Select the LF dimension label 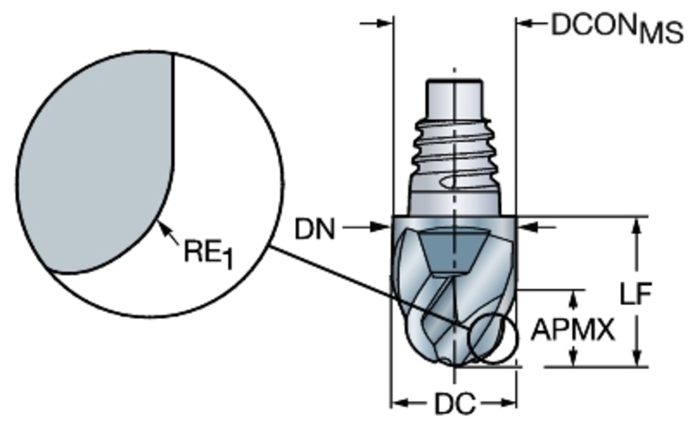[636, 294]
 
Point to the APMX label [573, 330]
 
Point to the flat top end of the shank [454, 81]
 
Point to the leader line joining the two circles [367, 286]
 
